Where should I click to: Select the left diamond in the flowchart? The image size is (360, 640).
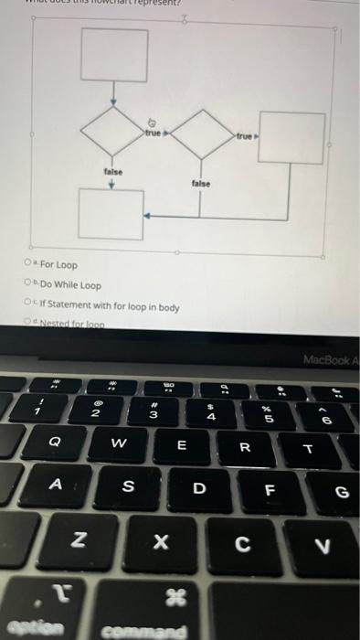[x=113, y=134]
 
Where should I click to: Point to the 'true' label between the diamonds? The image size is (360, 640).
[x=153, y=133]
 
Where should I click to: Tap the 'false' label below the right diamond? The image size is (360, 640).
[x=201, y=183]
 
